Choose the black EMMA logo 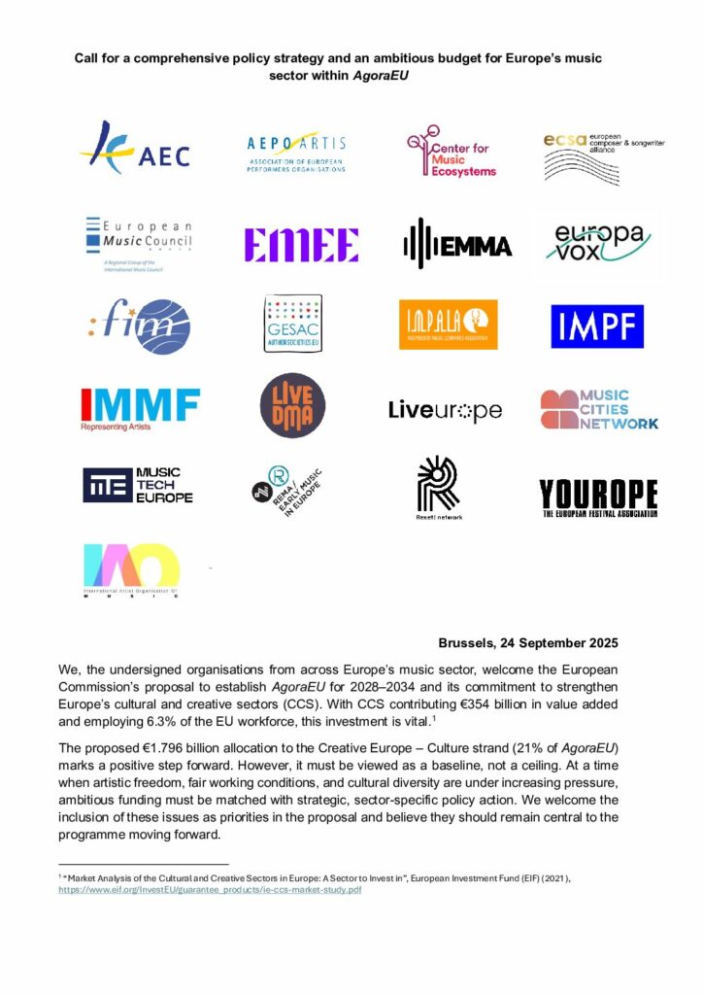pos(456,243)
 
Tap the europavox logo pos(596,243)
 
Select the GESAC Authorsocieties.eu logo pos(293,324)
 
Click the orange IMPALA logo pos(448,324)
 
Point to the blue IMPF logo pos(596,326)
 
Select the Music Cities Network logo pos(598,409)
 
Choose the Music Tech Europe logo pos(138,485)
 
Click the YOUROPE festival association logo pos(598,497)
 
